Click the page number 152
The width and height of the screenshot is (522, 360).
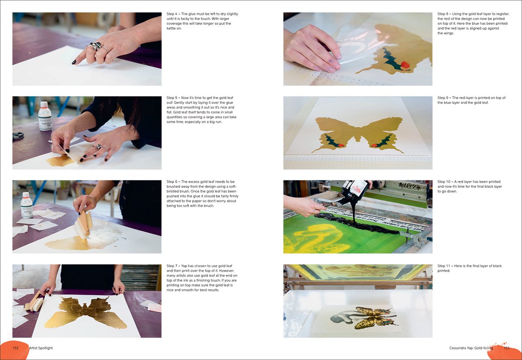point(16,348)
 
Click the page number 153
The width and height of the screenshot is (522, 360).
point(506,348)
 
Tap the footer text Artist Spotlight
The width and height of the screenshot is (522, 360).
point(40,348)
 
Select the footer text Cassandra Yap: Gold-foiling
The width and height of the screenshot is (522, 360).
point(471,348)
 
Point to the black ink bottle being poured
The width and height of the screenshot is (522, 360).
point(354,191)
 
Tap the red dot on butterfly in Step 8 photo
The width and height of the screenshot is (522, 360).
point(405,65)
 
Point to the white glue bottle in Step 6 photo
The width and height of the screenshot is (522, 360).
point(27,205)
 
